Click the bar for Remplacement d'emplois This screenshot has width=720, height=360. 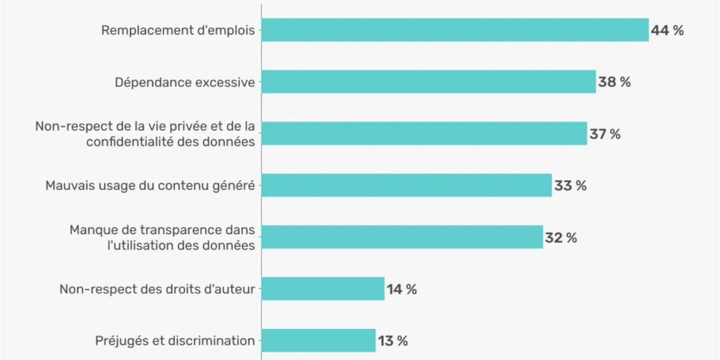[455, 30]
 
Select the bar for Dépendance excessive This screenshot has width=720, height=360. [429, 82]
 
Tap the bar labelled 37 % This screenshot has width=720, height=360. [424, 133]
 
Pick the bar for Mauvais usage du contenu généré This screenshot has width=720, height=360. [407, 185]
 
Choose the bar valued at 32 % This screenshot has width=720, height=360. [402, 237]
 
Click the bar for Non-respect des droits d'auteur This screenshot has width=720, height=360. [323, 289]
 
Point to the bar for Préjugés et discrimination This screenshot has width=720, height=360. [318, 340]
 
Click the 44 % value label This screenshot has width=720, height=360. [667, 30]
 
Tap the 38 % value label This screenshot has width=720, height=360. [614, 82]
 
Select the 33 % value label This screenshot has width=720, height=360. [570, 186]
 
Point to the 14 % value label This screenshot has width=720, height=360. [402, 289]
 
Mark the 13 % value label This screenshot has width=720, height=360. [393, 341]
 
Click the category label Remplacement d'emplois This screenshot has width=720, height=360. [178, 30]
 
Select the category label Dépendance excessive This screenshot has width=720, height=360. [185, 83]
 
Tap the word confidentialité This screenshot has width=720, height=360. [130, 142]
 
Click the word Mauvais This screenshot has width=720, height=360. [70, 186]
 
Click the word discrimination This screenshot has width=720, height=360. [211, 341]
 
